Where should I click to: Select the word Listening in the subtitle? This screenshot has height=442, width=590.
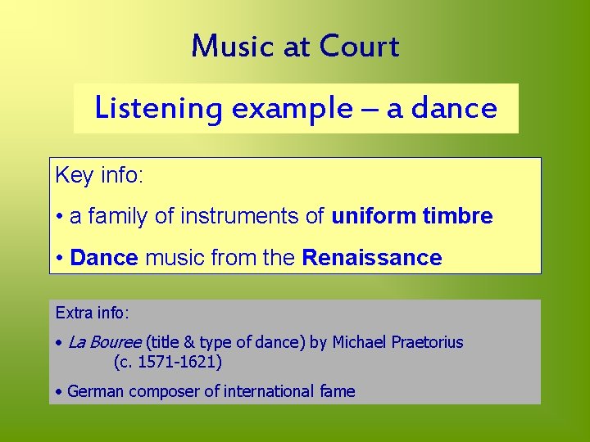(x=158, y=108)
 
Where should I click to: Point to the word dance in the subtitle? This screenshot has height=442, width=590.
(x=454, y=108)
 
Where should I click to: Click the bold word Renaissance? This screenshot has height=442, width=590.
(x=372, y=258)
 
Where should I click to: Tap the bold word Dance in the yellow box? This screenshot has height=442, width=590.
(x=104, y=258)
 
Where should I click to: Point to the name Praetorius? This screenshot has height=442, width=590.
(x=425, y=342)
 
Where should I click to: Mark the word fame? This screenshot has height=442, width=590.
(x=336, y=391)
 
